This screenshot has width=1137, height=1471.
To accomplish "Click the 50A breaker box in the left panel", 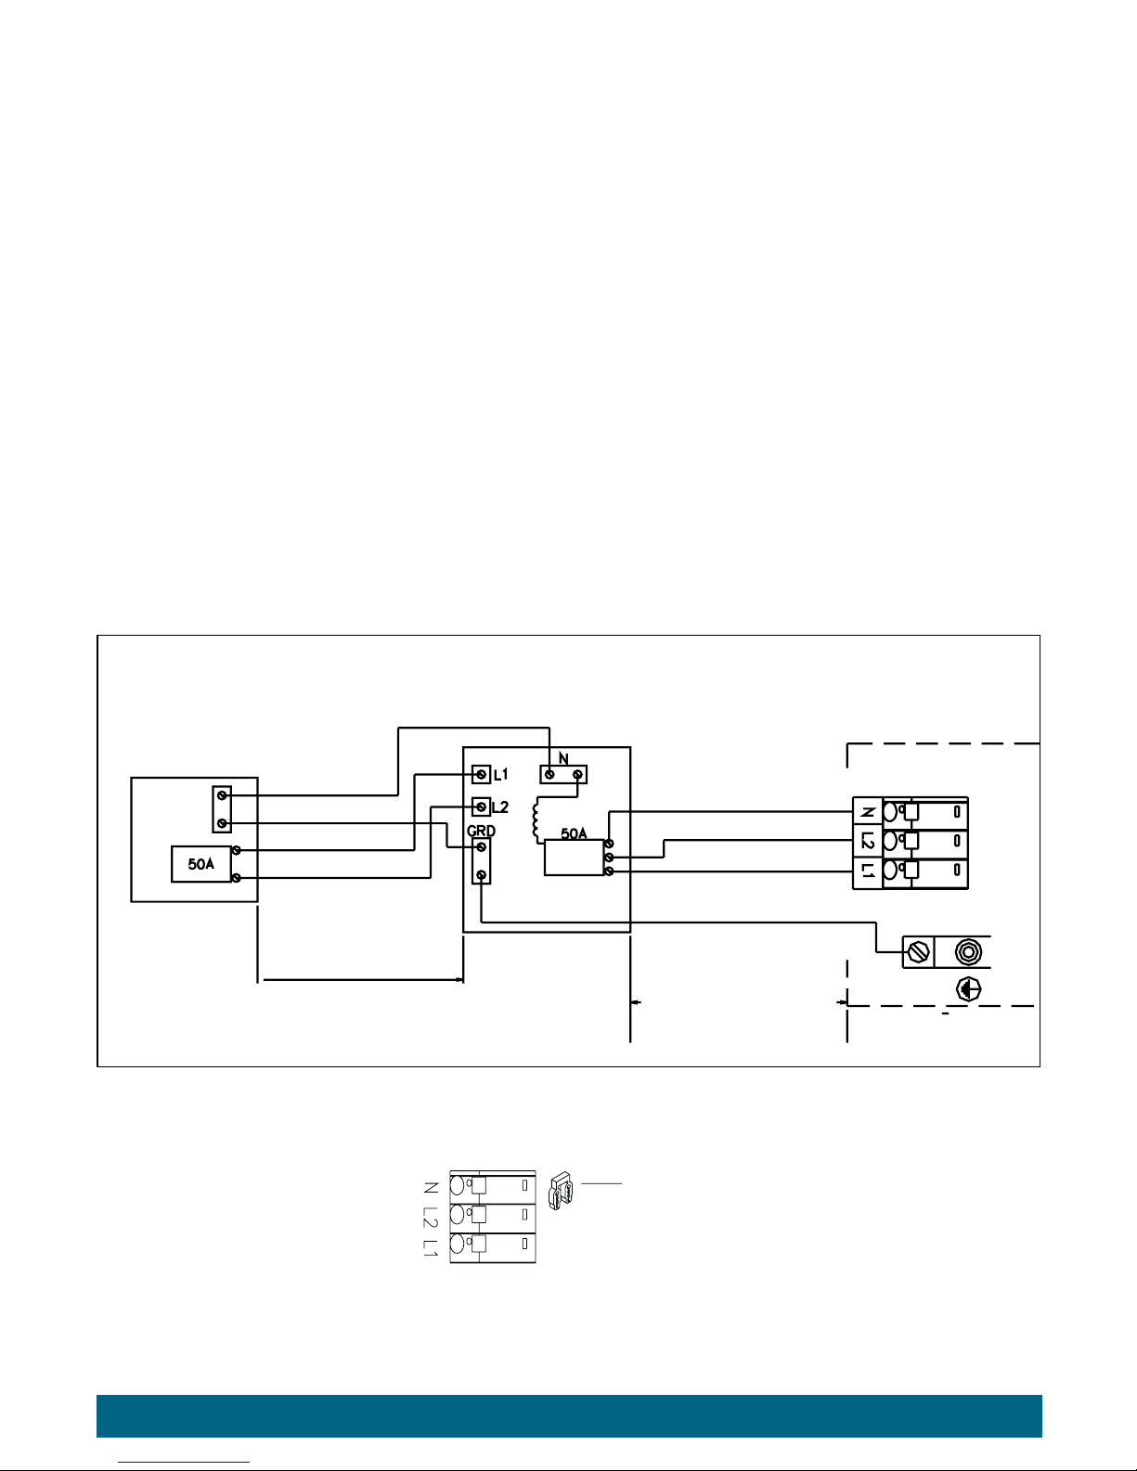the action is point(201,864).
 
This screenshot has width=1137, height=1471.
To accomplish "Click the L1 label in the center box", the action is point(501,774).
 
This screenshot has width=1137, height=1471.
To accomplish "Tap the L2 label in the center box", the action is point(500,806).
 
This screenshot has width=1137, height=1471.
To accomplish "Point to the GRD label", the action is point(481,831).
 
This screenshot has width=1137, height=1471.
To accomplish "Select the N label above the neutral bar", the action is point(563,759).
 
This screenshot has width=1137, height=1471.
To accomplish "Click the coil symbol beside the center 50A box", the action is point(537,819).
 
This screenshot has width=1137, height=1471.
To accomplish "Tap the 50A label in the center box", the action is point(574,833).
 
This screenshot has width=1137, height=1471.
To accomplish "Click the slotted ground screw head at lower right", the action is point(918,952).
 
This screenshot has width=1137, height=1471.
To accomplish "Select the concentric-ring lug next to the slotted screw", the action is point(968,952).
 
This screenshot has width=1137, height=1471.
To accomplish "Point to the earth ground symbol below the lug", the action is point(968,989).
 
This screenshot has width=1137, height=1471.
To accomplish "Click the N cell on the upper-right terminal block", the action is point(868,812).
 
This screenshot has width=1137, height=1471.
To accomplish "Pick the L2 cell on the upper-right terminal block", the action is point(868,842).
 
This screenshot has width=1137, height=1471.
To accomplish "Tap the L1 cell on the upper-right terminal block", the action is point(868,871).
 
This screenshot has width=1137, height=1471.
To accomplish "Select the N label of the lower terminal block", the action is point(431,1187).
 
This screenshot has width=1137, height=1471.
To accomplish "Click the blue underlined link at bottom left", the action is point(184,1462).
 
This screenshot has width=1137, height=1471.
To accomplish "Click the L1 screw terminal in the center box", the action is point(481,774).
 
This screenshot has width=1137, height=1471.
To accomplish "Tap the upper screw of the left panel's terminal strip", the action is point(221,795).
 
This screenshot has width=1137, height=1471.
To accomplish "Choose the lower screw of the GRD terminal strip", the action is point(481,875).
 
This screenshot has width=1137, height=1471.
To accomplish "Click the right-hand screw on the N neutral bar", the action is point(577,774).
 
